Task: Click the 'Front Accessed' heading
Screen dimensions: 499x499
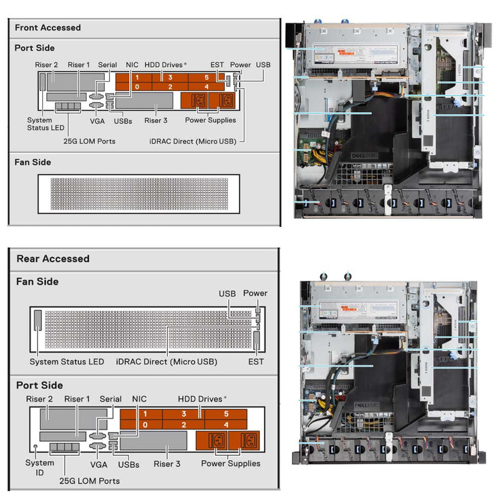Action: point(47,27)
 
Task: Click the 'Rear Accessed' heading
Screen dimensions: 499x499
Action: point(53,258)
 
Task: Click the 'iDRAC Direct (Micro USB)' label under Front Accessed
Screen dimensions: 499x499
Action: point(193,141)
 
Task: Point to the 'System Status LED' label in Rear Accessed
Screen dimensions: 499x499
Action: point(67,362)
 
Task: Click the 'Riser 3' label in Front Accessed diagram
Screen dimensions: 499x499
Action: point(156,120)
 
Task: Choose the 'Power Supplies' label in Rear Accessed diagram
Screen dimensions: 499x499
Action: point(231,463)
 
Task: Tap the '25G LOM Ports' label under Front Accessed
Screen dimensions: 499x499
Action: point(89,141)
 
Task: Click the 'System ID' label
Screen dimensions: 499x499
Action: point(36,468)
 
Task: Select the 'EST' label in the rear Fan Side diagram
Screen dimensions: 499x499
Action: point(256,362)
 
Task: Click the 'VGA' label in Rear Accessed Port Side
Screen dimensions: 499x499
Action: point(99,464)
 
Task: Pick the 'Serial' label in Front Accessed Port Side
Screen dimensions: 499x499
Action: point(107,64)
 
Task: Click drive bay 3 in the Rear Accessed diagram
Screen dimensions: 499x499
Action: point(183,414)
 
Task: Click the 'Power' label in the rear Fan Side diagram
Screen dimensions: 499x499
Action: point(255,293)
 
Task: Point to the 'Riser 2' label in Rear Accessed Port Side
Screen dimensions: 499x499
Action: point(39,399)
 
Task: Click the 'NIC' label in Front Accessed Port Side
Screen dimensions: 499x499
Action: point(132,64)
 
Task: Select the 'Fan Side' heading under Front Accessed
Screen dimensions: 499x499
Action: point(32,162)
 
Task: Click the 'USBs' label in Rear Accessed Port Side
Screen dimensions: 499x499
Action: point(128,464)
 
